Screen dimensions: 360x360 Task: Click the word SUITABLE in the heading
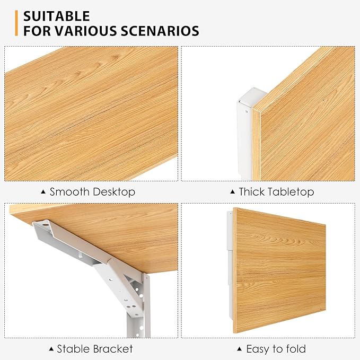56,16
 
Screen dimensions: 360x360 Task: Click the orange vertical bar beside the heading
17,23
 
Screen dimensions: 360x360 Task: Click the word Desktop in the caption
115,191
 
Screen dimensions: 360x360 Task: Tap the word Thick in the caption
252,191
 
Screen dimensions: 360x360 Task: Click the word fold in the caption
295,349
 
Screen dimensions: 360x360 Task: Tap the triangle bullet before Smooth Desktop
43,192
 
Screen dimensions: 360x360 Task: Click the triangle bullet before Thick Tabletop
232,192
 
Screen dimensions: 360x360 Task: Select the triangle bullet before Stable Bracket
51,349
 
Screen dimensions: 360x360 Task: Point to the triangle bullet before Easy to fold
240,349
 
